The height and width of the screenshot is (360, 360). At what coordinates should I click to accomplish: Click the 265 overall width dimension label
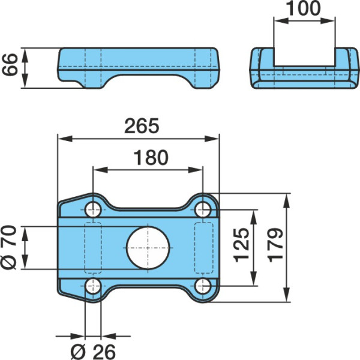pyautogui.click(x=142, y=126)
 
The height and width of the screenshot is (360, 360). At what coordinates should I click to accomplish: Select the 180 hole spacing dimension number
pyautogui.click(x=151, y=157)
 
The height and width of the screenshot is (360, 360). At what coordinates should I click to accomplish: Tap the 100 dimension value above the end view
pyautogui.click(x=304, y=8)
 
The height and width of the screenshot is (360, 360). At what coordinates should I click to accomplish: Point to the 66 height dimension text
pyautogui.click(x=10, y=65)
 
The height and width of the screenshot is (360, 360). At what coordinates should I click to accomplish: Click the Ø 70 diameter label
pyautogui.click(x=9, y=247)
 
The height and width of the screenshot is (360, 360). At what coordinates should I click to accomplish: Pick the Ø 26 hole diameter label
pyautogui.click(x=93, y=352)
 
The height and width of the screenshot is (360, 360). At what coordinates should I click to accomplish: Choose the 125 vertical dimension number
pyautogui.click(x=242, y=245)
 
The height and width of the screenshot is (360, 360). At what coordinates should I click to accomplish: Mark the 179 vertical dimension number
pyautogui.click(x=275, y=245)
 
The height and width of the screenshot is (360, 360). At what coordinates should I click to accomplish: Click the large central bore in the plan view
pyautogui.click(x=148, y=248)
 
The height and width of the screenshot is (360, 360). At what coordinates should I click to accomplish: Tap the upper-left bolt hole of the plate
pyautogui.click(x=93, y=209)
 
